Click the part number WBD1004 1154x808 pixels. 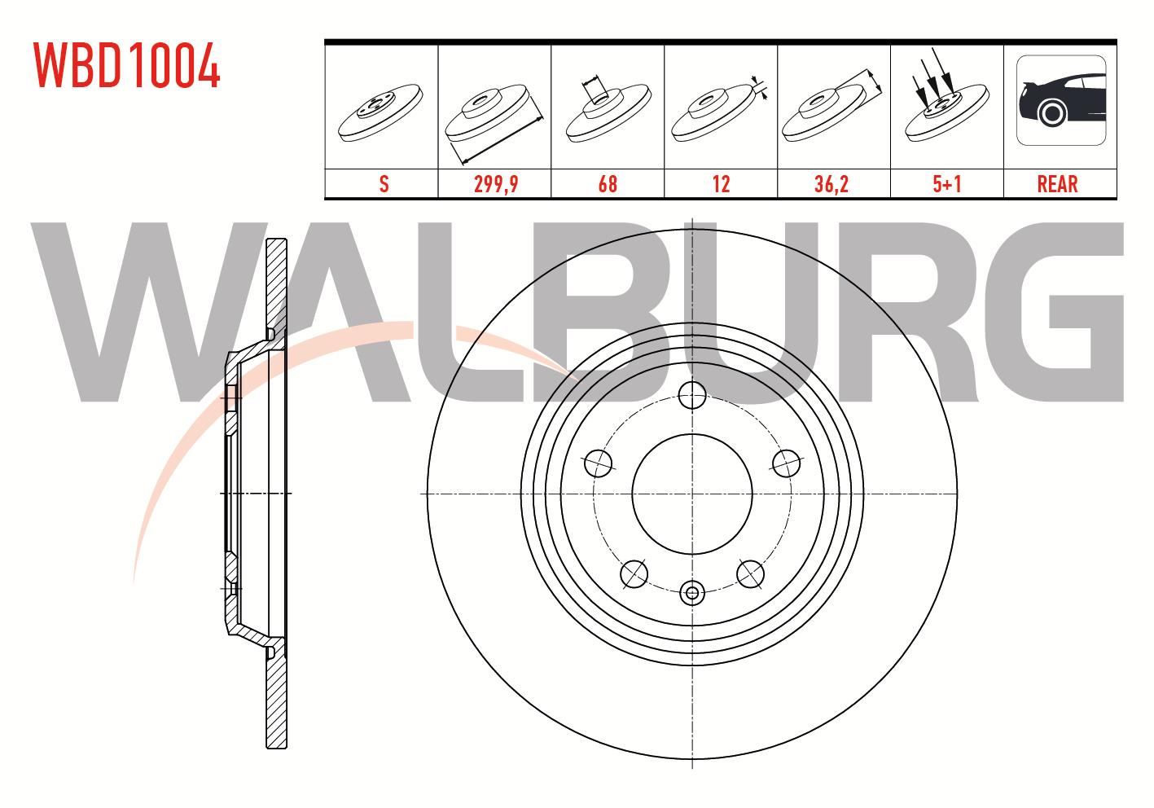click(x=127, y=65)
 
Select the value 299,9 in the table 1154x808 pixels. click(x=496, y=184)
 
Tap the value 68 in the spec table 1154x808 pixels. click(x=608, y=184)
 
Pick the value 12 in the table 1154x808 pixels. click(x=721, y=184)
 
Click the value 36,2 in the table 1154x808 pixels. click(x=831, y=184)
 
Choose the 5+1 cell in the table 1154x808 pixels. click(x=947, y=184)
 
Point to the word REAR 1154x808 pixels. click(x=1058, y=184)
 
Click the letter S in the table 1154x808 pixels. click(x=384, y=184)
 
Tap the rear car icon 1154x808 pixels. click(x=1061, y=100)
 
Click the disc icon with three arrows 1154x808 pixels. click(x=947, y=97)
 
